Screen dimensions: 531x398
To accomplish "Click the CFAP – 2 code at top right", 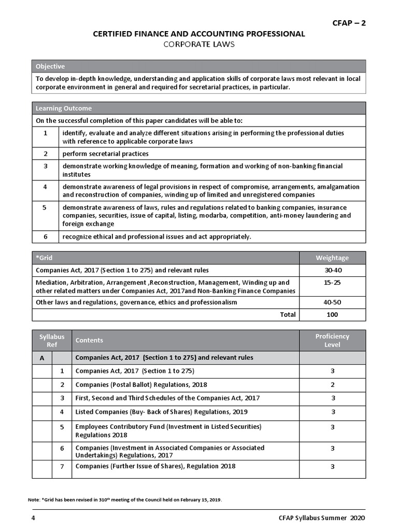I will [x=349, y=22].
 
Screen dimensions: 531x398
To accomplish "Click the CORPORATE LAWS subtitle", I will [x=199, y=44].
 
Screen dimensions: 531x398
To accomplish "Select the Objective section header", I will [x=50, y=66].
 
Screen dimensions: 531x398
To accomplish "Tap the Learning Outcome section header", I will [x=64, y=108].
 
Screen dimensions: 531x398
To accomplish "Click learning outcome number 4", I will [x=46, y=187].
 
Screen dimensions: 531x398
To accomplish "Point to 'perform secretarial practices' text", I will [x=106, y=153].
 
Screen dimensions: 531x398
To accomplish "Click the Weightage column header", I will [x=332, y=258].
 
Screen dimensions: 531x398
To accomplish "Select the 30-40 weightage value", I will [x=332, y=270].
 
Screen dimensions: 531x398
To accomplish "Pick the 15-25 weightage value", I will [x=332, y=283].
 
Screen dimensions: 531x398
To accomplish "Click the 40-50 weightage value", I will [x=332, y=302].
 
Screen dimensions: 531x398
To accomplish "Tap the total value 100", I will [x=332, y=315].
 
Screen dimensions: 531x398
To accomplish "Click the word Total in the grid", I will [x=287, y=315].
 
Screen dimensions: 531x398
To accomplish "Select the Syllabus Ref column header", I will [x=52, y=340].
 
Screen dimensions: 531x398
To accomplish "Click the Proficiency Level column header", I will [x=332, y=340].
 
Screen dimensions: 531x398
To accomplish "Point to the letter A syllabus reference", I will [x=42, y=358].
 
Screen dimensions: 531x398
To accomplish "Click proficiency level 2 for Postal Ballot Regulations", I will [x=332, y=385].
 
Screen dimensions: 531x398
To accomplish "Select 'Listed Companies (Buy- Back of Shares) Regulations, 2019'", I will [x=161, y=412].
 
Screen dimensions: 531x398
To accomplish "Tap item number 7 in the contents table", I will [x=62, y=466].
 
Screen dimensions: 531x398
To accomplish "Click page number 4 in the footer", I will [x=33, y=518].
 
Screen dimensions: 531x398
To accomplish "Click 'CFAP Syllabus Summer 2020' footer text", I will [x=321, y=518].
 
